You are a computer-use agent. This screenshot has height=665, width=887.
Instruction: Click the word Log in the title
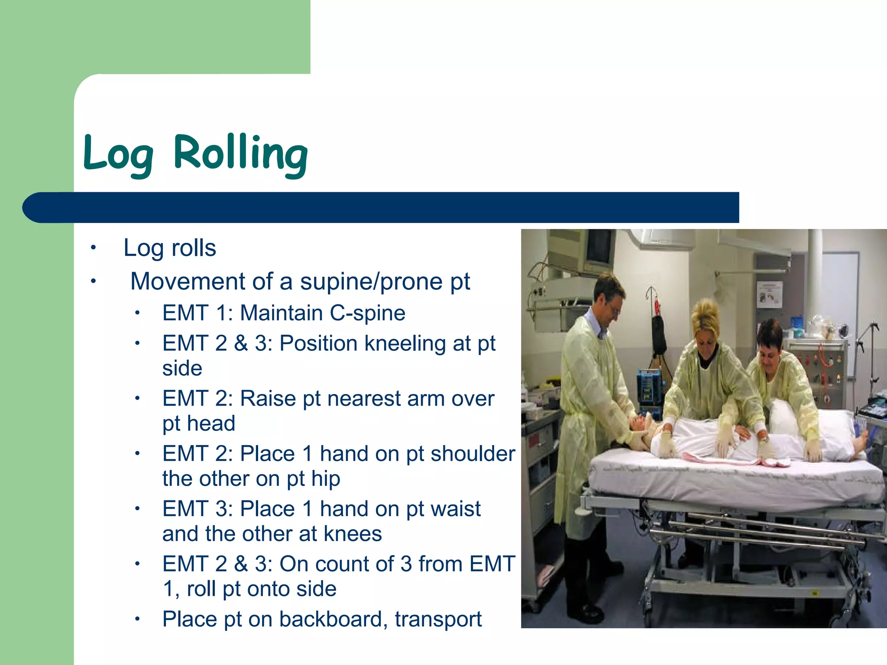point(118,154)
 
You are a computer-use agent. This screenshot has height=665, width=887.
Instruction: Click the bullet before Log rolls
point(93,248)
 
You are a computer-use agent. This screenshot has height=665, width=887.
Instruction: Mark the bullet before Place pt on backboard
point(137,619)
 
